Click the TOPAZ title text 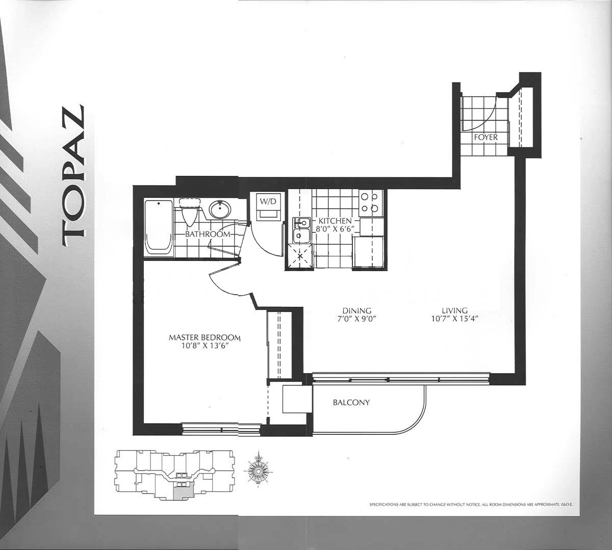[73, 176]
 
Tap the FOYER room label [486, 137]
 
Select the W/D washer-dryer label [268, 201]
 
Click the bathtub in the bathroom [158, 227]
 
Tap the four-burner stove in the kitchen [370, 203]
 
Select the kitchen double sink [301, 230]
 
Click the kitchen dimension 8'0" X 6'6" [335, 229]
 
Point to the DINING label [357, 310]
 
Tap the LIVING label [454, 310]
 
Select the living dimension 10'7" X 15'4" [454, 319]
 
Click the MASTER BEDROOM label [205, 337]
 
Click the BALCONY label [351, 403]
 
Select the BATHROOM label [208, 234]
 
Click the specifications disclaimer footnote [471, 505]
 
